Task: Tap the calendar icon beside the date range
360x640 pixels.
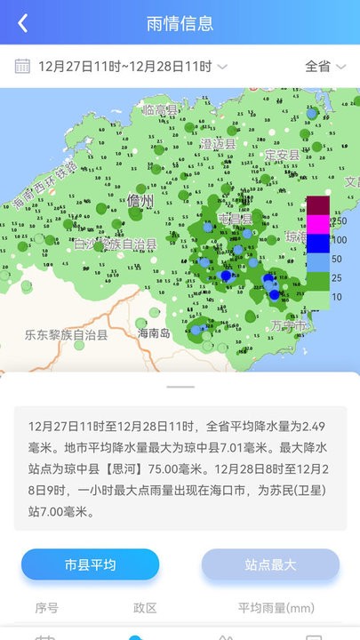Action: [23, 66]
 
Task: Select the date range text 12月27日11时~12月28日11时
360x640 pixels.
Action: [124, 66]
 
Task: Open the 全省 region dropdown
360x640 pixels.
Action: [324, 66]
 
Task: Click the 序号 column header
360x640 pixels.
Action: [46, 608]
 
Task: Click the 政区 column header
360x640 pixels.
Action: [145, 608]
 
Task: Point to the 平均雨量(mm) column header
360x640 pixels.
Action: [276, 608]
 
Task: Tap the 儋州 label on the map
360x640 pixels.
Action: [140, 201]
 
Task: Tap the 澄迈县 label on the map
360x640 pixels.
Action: [218, 144]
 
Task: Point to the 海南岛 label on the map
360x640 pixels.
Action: [154, 333]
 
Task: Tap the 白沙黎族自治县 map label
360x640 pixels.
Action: [115, 244]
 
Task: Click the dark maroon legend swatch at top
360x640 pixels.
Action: [318, 204]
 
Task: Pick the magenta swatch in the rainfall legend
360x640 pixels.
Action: [318, 222]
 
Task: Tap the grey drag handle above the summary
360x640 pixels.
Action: [180, 387]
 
